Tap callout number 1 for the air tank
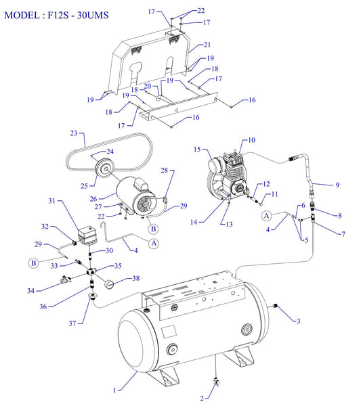[x=115, y=390]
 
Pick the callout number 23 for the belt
[x=73, y=133]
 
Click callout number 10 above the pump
[x=251, y=141]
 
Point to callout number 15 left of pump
[x=198, y=149]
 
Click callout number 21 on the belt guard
[x=208, y=45]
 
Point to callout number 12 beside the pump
[x=266, y=183]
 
